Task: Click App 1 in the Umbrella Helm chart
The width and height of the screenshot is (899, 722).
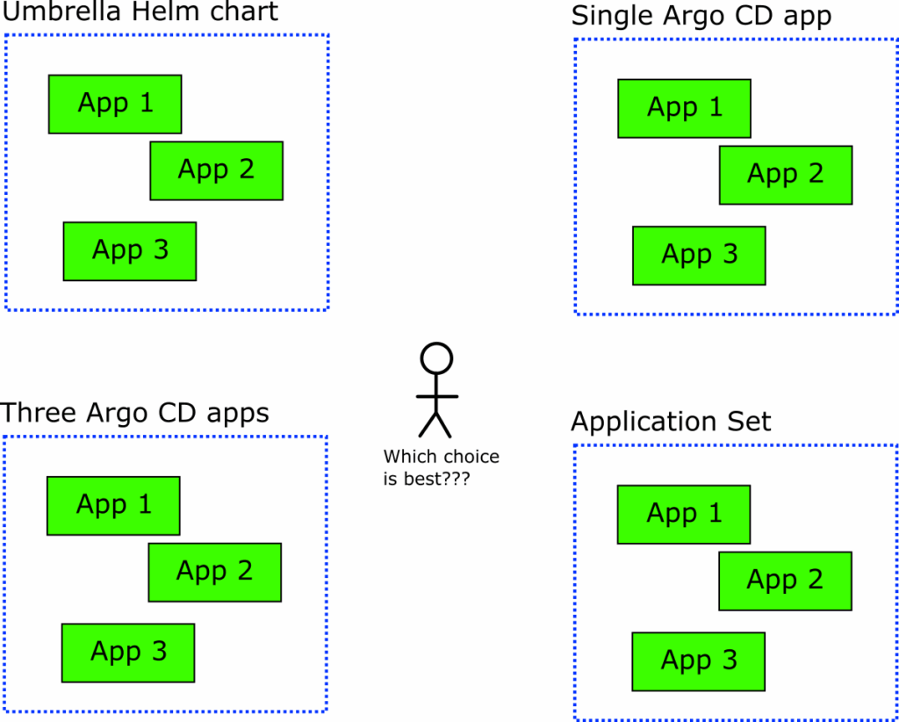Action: point(115,104)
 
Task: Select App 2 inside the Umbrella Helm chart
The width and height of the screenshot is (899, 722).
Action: point(216,170)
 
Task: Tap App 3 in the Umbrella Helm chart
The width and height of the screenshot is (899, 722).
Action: point(130,251)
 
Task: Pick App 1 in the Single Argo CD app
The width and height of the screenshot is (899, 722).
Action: point(684,108)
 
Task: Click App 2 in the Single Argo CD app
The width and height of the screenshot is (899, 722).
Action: point(785,175)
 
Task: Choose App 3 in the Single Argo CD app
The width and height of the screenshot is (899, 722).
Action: point(699,256)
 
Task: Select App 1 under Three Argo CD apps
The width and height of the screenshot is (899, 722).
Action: point(113,505)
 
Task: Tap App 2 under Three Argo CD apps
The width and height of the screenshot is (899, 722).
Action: point(214,572)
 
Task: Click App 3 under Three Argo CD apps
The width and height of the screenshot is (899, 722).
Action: point(128,653)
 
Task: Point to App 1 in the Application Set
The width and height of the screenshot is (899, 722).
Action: point(684,514)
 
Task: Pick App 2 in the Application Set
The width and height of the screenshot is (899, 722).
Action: point(785,581)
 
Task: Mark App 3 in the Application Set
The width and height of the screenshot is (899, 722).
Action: point(699,661)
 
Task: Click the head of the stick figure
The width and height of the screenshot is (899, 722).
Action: point(436,357)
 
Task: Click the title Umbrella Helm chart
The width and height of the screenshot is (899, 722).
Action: point(140,12)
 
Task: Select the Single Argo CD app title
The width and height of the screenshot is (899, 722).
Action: point(701,16)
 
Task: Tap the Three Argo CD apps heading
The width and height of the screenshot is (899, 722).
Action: point(135,413)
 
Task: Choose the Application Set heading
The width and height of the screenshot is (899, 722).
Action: point(671,422)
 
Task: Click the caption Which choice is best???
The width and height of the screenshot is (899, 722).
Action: point(441,468)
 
